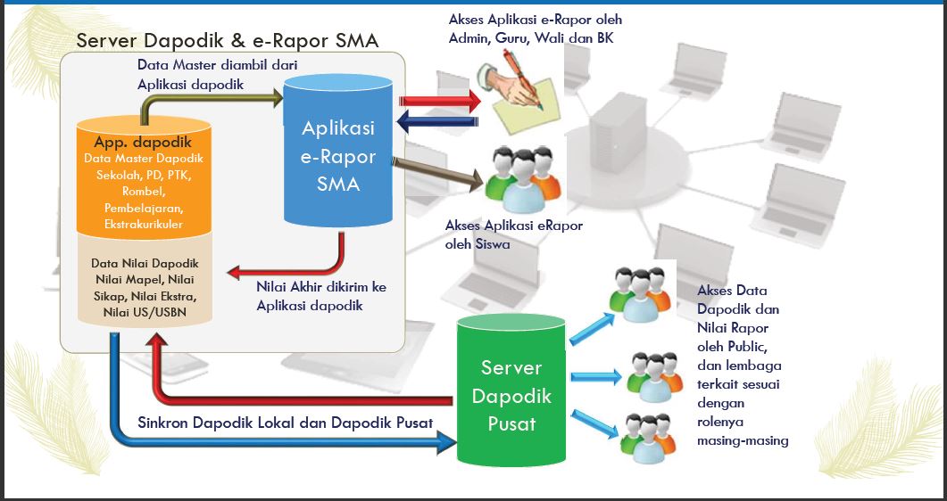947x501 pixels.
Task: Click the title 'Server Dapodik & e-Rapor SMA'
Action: click(x=228, y=41)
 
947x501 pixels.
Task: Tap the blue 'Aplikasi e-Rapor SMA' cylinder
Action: click(x=338, y=156)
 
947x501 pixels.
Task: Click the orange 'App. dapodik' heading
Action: click(x=144, y=143)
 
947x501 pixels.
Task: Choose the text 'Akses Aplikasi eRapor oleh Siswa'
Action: click(x=513, y=234)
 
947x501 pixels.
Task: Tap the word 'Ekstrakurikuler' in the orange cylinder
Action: click(x=144, y=224)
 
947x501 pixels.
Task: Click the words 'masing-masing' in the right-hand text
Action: click(x=743, y=440)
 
